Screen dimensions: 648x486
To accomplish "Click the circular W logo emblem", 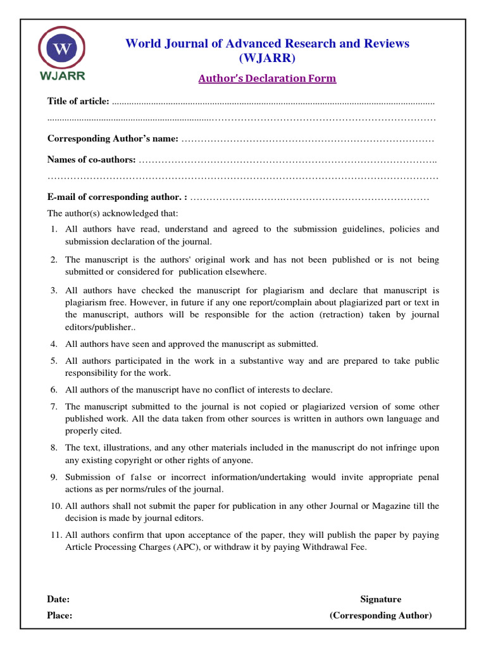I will pyautogui.click(x=61, y=49).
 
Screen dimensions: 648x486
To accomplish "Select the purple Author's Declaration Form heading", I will pyautogui.click(x=267, y=78).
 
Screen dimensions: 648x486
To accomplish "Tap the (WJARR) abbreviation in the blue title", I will pyautogui.click(x=267, y=59).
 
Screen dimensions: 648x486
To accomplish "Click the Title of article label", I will pyautogui.click(x=78, y=101).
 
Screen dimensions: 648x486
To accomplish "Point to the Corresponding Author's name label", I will pyautogui.click(x=113, y=139).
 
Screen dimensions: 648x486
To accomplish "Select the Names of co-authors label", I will pyautogui.click(x=91, y=159).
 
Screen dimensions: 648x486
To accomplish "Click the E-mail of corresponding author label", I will pyautogui.click(x=117, y=197).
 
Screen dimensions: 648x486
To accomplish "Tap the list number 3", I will pyautogui.click(x=54, y=290).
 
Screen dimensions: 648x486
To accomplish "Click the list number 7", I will pyautogui.click(x=54, y=406).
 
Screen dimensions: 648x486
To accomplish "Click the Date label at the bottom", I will pyautogui.click(x=58, y=599).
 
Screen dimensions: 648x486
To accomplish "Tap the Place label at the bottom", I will pyautogui.click(x=59, y=615).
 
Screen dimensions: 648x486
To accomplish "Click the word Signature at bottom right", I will pyautogui.click(x=380, y=599).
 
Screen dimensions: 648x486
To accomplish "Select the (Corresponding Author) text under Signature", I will pyautogui.click(x=380, y=615).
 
